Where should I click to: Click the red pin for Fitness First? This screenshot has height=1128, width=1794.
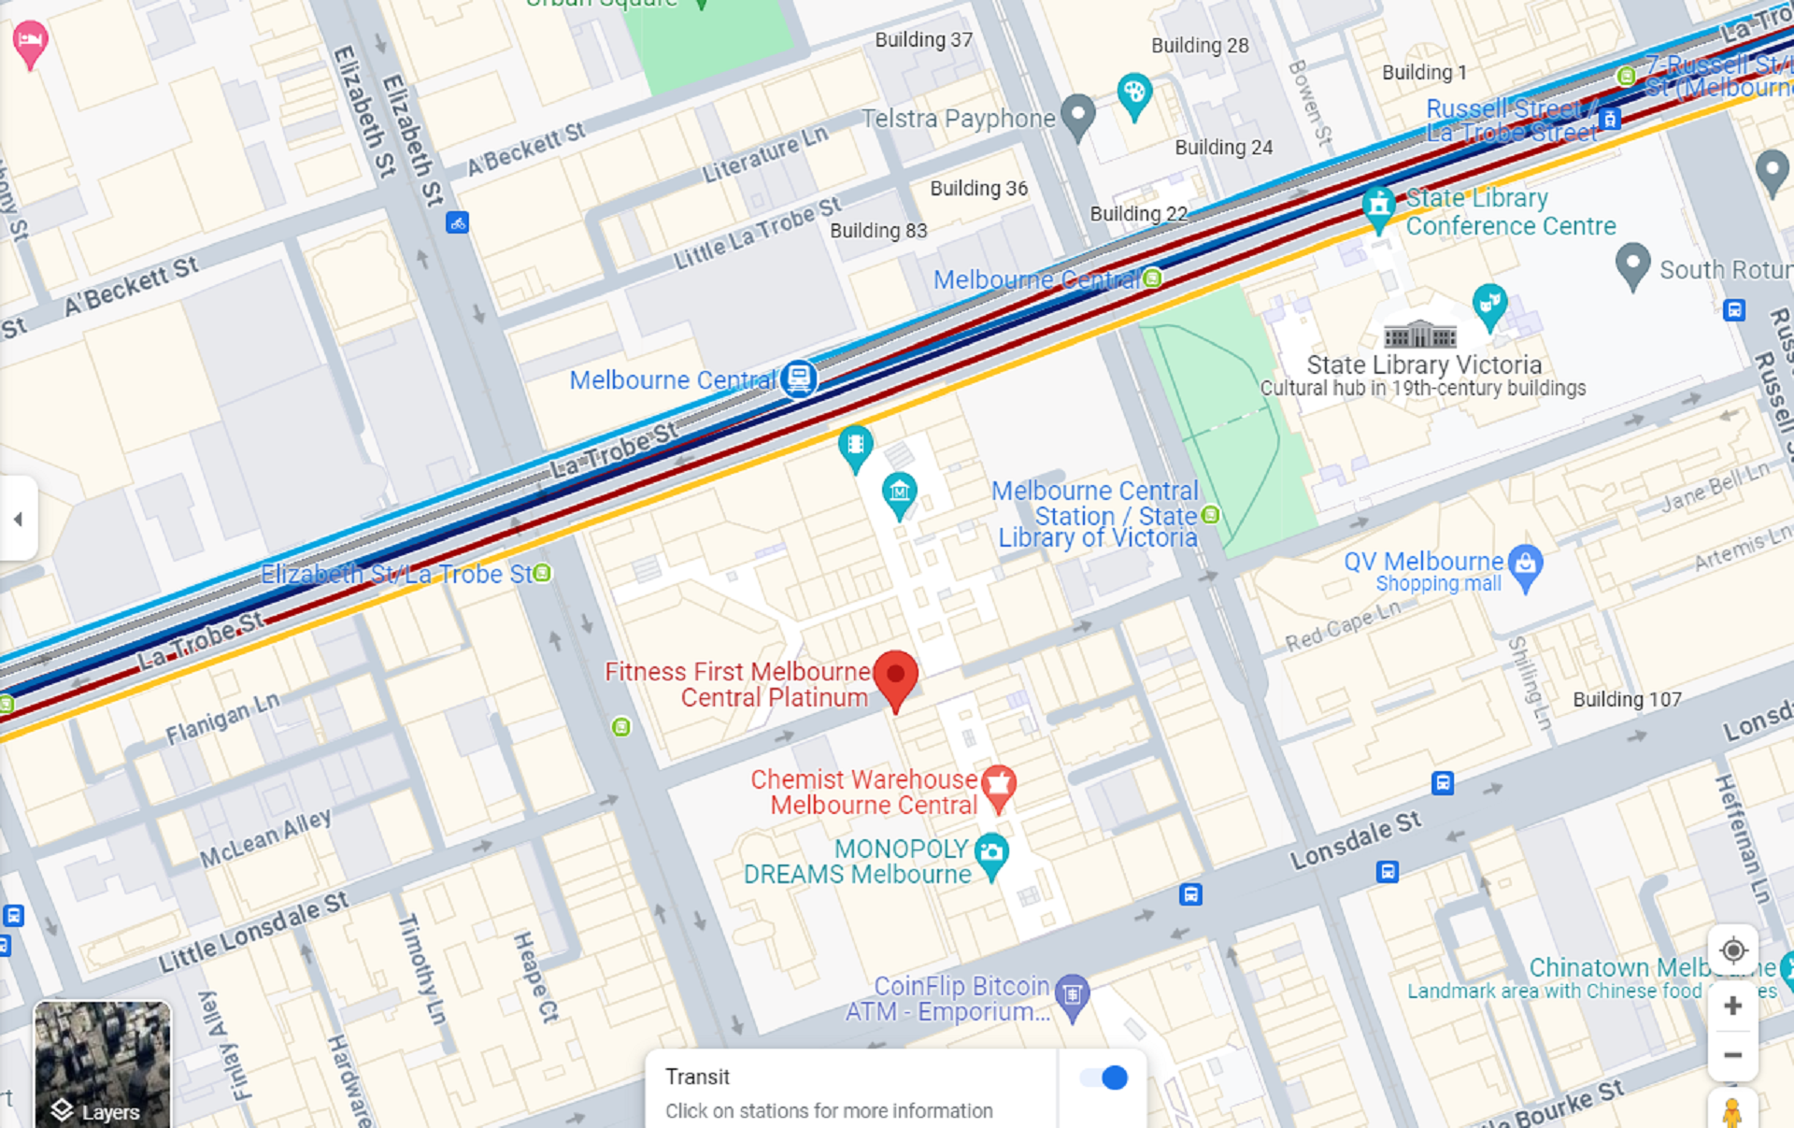(896, 677)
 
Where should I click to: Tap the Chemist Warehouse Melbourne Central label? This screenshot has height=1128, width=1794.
(864, 792)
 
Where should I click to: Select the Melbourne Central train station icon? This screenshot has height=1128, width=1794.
(799, 378)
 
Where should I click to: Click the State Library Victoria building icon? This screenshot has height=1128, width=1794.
(1419, 334)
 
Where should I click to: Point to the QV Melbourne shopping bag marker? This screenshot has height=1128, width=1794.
(1525, 564)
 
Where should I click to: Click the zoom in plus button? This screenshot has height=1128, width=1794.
(1732, 1006)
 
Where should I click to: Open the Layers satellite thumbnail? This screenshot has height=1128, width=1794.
(102, 1064)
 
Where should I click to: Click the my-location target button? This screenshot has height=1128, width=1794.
(1732, 950)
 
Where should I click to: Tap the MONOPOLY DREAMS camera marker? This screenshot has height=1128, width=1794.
(991, 853)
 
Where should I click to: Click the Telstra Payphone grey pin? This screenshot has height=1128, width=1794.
(1078, 115)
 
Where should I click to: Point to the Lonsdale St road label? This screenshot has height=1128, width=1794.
(1355, 839)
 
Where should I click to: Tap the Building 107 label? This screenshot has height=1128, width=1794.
(1627, 699)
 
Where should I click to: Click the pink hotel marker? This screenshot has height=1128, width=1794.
(30, 42)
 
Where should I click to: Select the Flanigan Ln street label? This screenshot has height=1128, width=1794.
(222, 718)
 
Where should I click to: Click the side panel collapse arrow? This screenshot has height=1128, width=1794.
(18, 519)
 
